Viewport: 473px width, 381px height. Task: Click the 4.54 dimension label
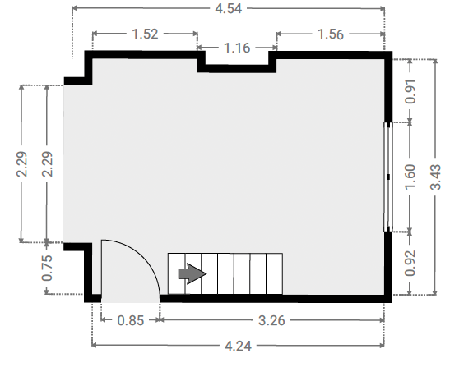[x=229, y=8]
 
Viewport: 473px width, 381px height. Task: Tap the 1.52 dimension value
[x=145, y=34]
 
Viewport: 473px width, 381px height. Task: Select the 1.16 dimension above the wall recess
[x=237, y=48]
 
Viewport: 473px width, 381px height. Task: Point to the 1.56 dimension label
[x=331, y=34]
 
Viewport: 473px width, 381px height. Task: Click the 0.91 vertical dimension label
[x=410, y=92]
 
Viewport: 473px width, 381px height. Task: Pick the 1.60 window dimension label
[x=410, y=177]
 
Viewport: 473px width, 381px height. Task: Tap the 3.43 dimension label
[x=435, y=177]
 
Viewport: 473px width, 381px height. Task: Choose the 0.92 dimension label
[x=410, y=264]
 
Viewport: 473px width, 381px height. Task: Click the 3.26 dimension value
[x=271, y=320]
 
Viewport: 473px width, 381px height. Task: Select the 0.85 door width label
[x=130, y=320]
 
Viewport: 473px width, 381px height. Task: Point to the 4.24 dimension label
[x=238, y=346]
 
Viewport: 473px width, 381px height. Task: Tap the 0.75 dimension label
[x=47, y=268]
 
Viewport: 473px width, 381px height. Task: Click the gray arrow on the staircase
[x=192, y=273]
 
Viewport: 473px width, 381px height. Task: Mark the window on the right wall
[x=388, y=177]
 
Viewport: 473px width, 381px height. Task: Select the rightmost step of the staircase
[x=274, y=273]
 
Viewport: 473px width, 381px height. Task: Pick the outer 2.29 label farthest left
[x=21, y=164]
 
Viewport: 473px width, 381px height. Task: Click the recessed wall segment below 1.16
[x=237, y=69]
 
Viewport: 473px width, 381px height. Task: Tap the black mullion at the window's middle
[x=388, y=177]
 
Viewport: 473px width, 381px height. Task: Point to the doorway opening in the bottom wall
[x=130, y=298]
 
